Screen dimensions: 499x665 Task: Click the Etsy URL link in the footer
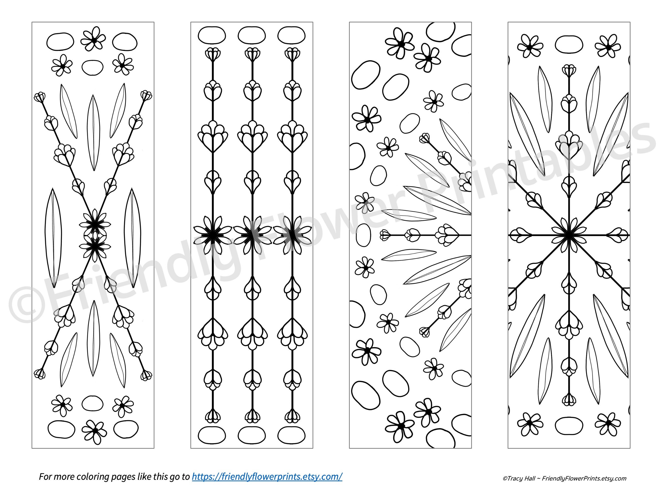pyautogui.click(x=267, y=477)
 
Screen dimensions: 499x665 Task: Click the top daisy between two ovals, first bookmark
pyautogui.click(x=93, y=39)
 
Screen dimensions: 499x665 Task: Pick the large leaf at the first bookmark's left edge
pyautogui.click(x=53, y=238)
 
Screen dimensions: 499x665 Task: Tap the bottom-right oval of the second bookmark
pyautogui.click(x=291, y=435)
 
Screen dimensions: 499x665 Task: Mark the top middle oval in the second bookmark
pyautogui.click(x=252, y=35)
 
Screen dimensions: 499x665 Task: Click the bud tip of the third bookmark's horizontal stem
pyautogui.click(x=384, y=235)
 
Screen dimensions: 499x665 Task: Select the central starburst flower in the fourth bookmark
pyautogui.click(x=569, y=235)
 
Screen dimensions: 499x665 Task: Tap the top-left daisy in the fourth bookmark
pyautogui.click(x=530, y=46)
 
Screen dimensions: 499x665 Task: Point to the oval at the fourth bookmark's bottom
pyautogui.click(x=569, y=426)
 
